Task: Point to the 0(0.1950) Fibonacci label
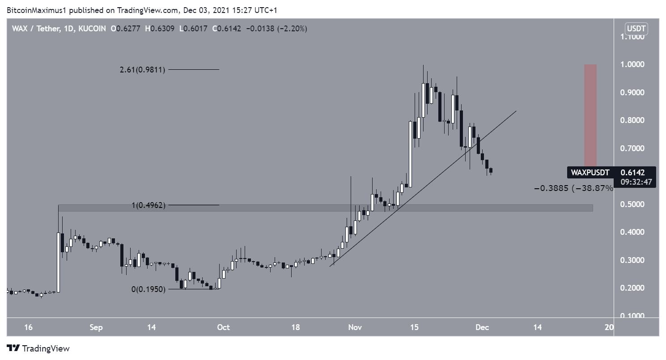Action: point(148,289)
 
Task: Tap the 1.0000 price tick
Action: point(632,64)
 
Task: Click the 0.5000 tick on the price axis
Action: point(632,204)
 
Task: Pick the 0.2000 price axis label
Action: point(632,288)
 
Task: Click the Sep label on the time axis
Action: point(96,327)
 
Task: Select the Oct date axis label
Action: point(223,327)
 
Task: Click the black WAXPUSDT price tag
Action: point(590,172)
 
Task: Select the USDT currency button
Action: point(636,29)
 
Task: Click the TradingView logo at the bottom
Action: point(38,348)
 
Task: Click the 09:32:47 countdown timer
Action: point(635,182)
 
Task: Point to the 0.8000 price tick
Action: point(632,120)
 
